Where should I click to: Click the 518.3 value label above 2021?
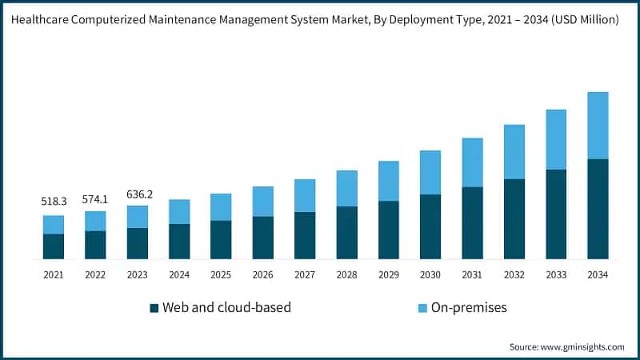click(x=54, y=202)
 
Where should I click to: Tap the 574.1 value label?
click(x=95, y=198)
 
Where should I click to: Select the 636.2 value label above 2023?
click(x=137, y=193)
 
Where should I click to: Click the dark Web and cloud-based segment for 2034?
click(x=598, y=209)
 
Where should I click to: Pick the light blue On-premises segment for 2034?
click(x=598, y=126)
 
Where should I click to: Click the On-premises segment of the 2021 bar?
click(x=54, y=225)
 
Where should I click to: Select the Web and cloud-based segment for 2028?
click(x=346, y=233)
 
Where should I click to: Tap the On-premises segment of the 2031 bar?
click(x=472, y=162)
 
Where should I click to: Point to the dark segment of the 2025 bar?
click(x=221, y=239)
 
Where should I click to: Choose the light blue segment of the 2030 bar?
click(x=430, y=173)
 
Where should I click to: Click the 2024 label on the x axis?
click(x=179, y=274)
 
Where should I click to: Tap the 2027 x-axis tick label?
click(x=305, y=274)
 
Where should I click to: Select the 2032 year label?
click(x=514, y=274)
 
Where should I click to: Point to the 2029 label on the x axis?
click(x=388, y=274)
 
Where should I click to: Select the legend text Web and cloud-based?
click(x=226, y=307)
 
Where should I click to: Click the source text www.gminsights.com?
click(x=584, y=346)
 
